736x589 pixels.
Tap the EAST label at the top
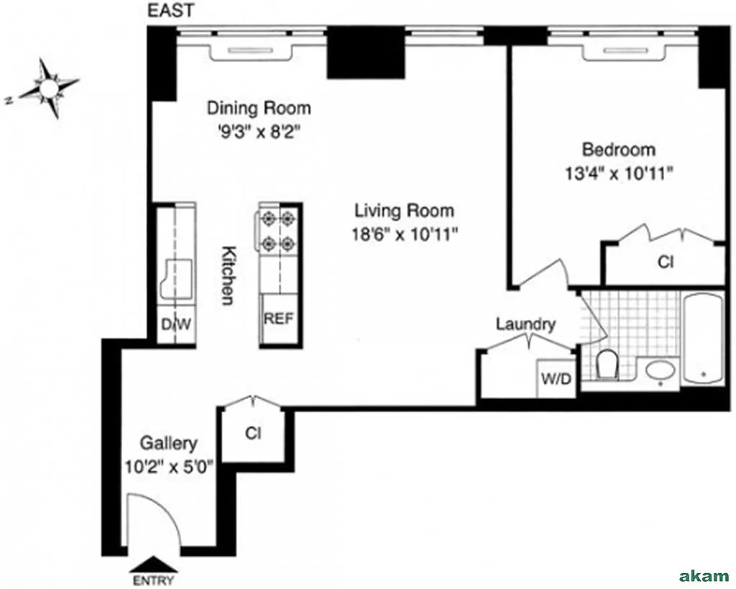point(170,11)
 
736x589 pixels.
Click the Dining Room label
point(259,108)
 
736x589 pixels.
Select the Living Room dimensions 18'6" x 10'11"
point(405,234)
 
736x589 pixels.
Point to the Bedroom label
point(619,150)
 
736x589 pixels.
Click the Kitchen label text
point(228,275)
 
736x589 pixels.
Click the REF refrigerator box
point(279,319)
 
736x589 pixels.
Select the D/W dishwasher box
point(176,324)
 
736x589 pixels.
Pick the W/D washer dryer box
point(556,378)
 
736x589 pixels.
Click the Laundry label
point(525,324)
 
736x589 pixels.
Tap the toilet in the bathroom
point(608,364)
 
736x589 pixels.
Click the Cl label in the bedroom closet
point(665,262)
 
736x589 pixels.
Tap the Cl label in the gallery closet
point(253,433)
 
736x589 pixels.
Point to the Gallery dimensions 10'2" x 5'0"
point(170,467)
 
